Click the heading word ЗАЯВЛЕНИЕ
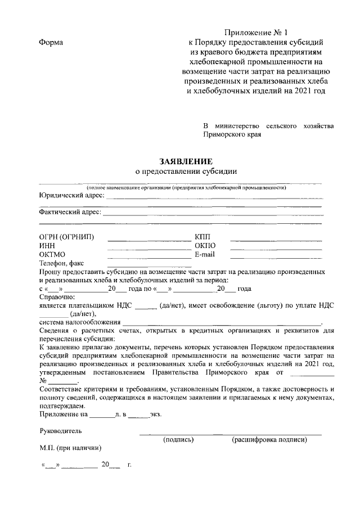pos(186,160)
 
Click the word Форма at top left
pos(51,43)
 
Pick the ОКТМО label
pos(53,255)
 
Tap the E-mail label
pos(205,255)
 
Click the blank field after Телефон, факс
pos(149,264)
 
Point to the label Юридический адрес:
pos(71,195)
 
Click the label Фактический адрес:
pos(70,213)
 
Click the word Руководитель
pos(60,431)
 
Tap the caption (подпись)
pos(178,439)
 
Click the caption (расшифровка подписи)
pos(269,439)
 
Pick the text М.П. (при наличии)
pos(70,448)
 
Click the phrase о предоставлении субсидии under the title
pos(186,171)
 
